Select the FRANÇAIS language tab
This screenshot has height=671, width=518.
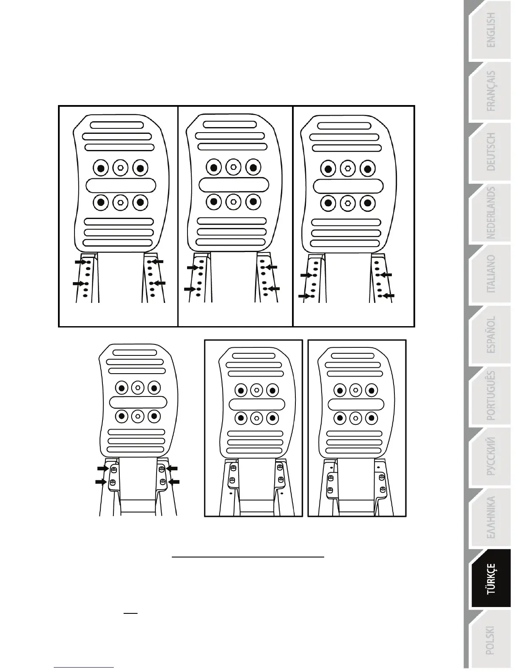click(x=490, y=91)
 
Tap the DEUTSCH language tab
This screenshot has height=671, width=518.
click(x=490, y=152)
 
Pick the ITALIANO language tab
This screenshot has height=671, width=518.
click(x=490, y=274)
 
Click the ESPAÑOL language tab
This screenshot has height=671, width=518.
click(x=490, y=335)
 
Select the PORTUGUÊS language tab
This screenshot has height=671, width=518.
click(x=490, y=396)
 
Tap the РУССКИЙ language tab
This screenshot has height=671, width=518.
click(x=490, y=457)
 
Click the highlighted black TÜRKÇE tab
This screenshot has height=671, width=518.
click(x=490, y=579)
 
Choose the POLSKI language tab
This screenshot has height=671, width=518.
click(x=490, y=640)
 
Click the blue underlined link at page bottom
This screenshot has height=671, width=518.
click(x=84, y=667)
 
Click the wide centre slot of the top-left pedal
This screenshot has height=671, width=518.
click(x=121, y=185)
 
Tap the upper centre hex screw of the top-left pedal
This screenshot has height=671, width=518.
click(x=121, y=168)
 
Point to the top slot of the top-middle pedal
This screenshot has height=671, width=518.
click(x=229, y=125)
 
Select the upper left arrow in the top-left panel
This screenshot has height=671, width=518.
click(x=80, y=262)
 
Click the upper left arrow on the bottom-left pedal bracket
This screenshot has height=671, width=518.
click(x=103, y=468)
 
